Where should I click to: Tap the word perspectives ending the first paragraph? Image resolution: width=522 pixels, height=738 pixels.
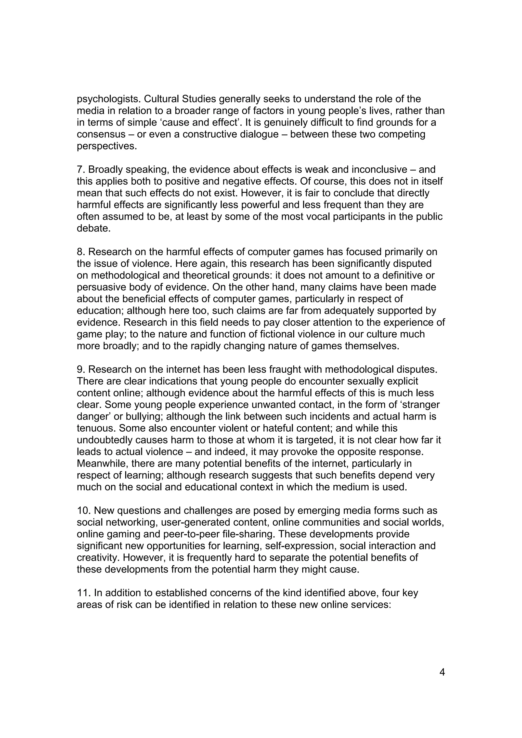107,146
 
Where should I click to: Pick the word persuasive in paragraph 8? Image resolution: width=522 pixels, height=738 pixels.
103,287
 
